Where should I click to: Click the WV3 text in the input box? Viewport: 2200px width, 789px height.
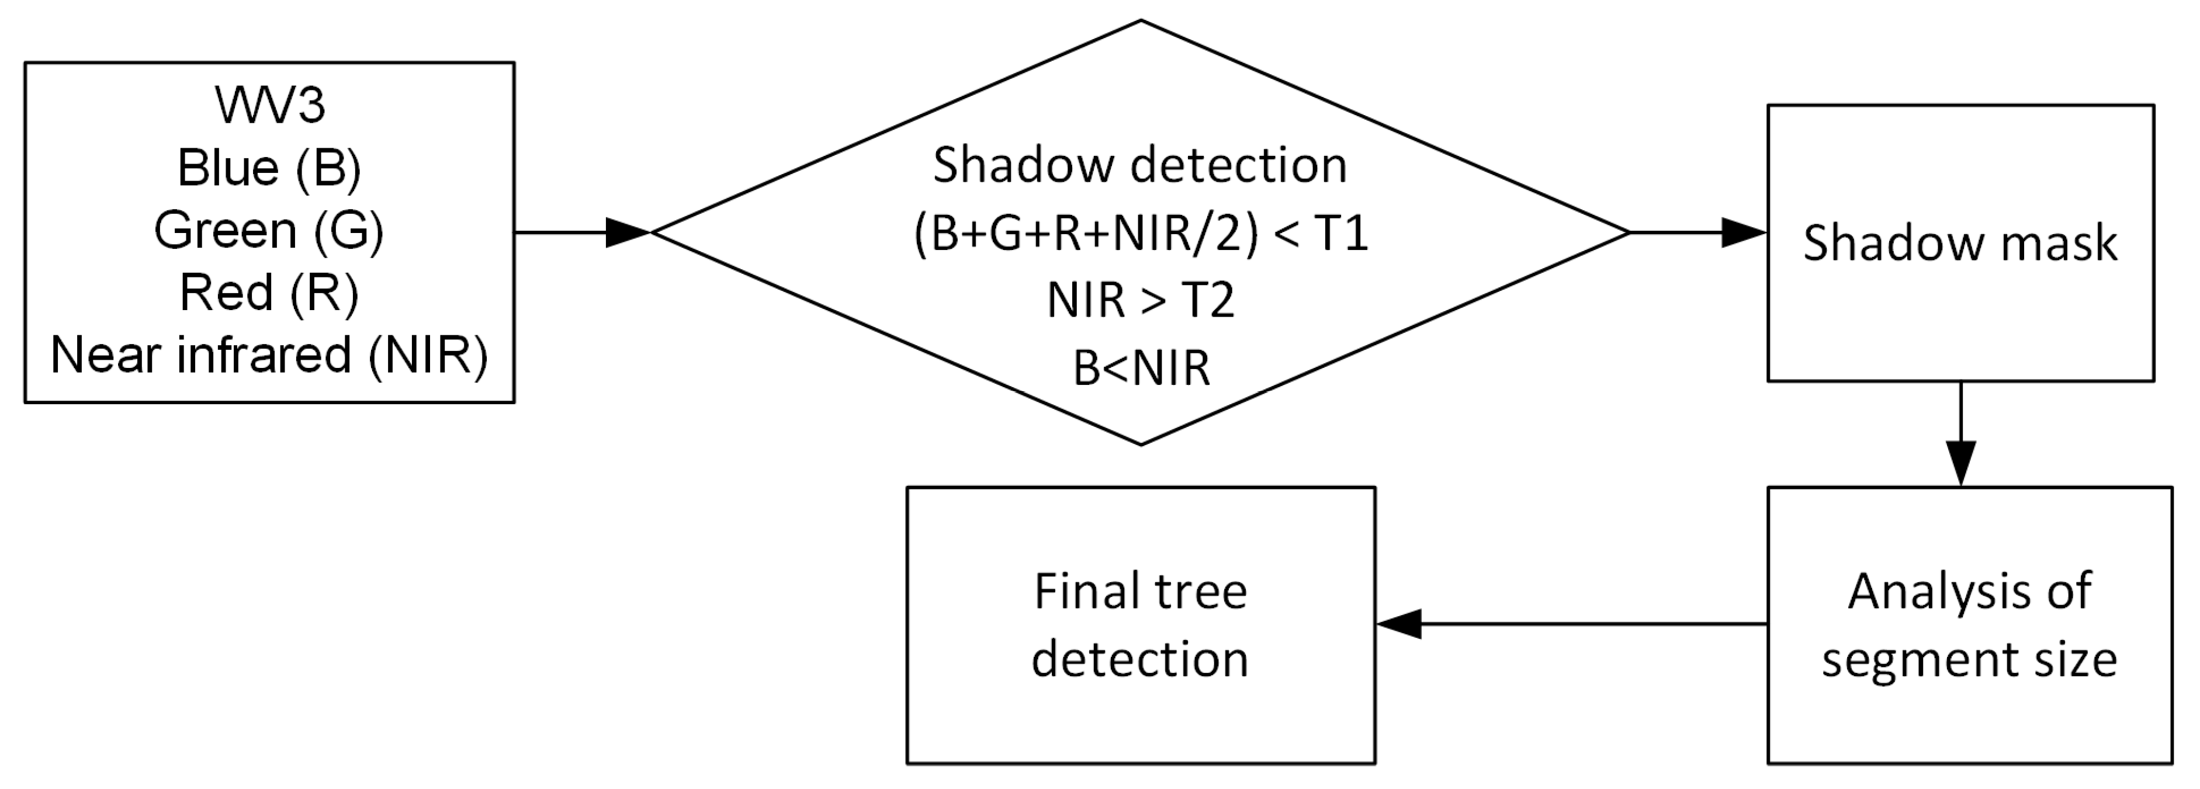click(270, 106)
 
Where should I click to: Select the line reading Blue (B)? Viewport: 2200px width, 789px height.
click(270, 168)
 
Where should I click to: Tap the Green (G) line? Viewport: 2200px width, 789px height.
click(270, 231)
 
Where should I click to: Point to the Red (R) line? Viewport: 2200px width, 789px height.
click(270, 293)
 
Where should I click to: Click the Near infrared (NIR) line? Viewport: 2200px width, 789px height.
click(270, 355)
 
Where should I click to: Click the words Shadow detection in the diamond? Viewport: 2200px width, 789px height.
click(1140, 166)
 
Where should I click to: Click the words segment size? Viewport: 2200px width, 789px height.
click(1969, 660)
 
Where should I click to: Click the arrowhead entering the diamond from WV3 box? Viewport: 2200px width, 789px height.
click(629, 232)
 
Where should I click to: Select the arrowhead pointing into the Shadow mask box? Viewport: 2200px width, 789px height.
click(1744, 232)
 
